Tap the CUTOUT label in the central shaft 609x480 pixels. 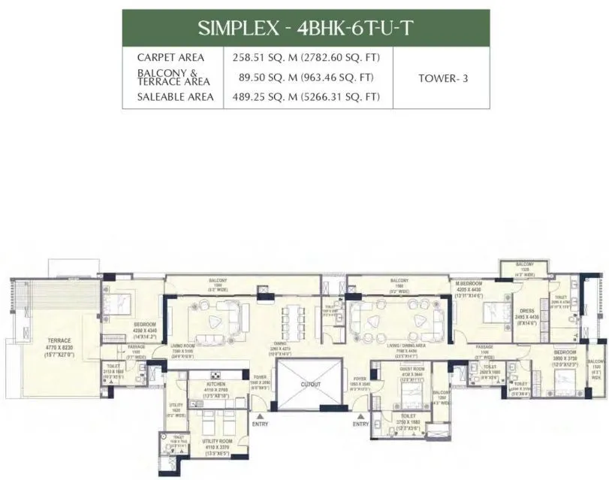[310, 384]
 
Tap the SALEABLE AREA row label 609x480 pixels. [175, 97]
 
